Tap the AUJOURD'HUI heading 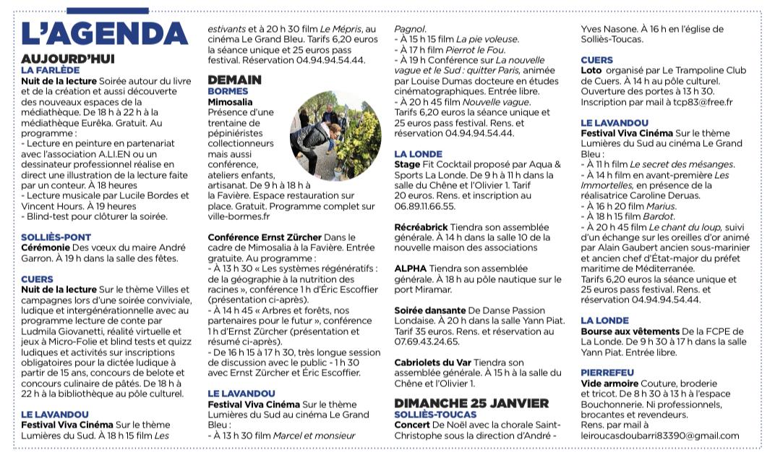[68, 59]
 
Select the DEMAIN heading [234, 80]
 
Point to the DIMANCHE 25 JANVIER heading [471, 403]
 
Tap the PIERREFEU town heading [608, 372]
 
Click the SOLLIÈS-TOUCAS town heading [435, 414]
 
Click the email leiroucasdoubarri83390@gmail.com [660, 435]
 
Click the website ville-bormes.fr [239, 216]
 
